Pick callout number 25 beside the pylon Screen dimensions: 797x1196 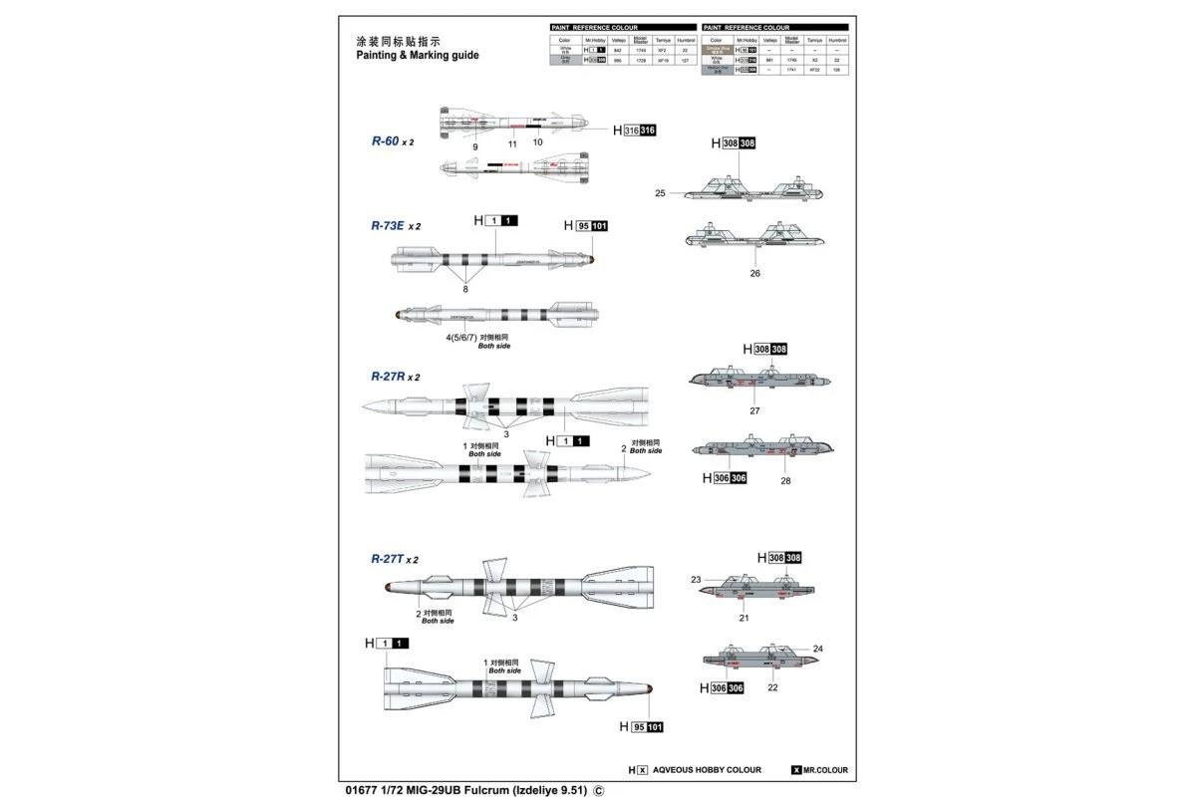(x=660, y=192)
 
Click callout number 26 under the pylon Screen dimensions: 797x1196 (x=754, y=273)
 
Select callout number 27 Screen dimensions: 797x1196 (x=754, y=410)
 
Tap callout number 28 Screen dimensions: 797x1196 (x=785, y=481)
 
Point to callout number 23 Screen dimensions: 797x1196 (x=697, y=579)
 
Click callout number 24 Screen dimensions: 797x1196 (x=818, y=649)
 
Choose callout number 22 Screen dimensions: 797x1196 (x=772, y=687)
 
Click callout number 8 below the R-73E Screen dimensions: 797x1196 (x=464, y=289)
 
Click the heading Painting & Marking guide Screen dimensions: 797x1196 (x=417, y=56)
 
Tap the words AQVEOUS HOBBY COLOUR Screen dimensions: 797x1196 (x=709, y=770)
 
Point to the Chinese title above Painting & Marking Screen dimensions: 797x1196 (x=398, y=42)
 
